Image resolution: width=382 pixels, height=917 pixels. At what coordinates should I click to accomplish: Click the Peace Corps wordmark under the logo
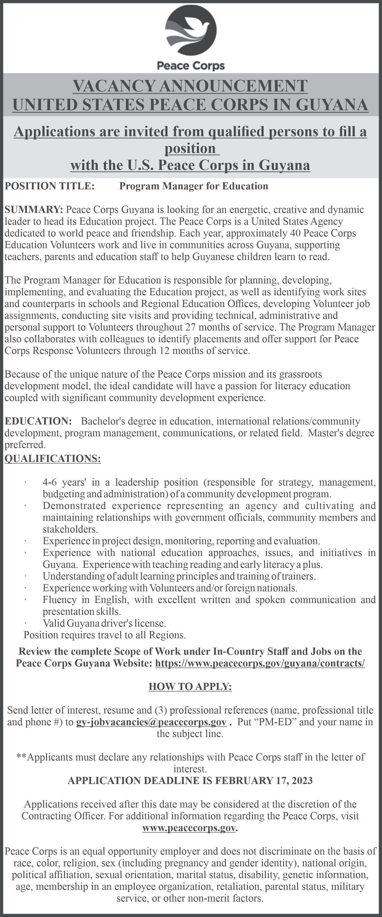point(191,66)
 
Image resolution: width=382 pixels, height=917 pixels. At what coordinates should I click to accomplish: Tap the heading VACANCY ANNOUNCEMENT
point(190,86)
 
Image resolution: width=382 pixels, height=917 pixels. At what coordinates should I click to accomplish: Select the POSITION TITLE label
point(49,186)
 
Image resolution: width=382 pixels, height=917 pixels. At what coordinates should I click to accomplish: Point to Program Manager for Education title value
point(193,186)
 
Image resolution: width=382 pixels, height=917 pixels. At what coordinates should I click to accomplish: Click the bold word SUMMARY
point(33,209)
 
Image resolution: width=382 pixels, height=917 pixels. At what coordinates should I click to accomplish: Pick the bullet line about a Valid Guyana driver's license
point(104,623)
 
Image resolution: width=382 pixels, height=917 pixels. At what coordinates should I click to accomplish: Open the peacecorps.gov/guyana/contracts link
point(260,663)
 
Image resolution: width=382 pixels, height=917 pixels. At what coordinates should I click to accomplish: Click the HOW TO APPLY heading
point(190,686)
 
